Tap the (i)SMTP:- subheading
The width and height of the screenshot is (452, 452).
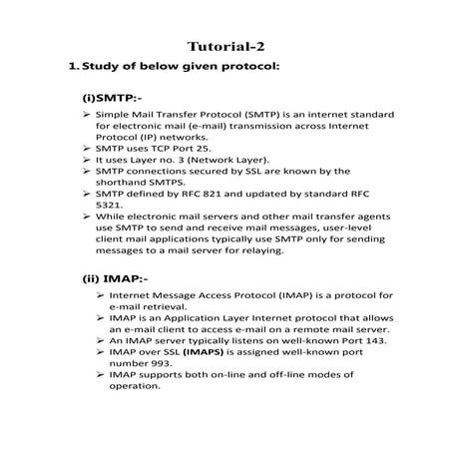click(112, 99)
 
